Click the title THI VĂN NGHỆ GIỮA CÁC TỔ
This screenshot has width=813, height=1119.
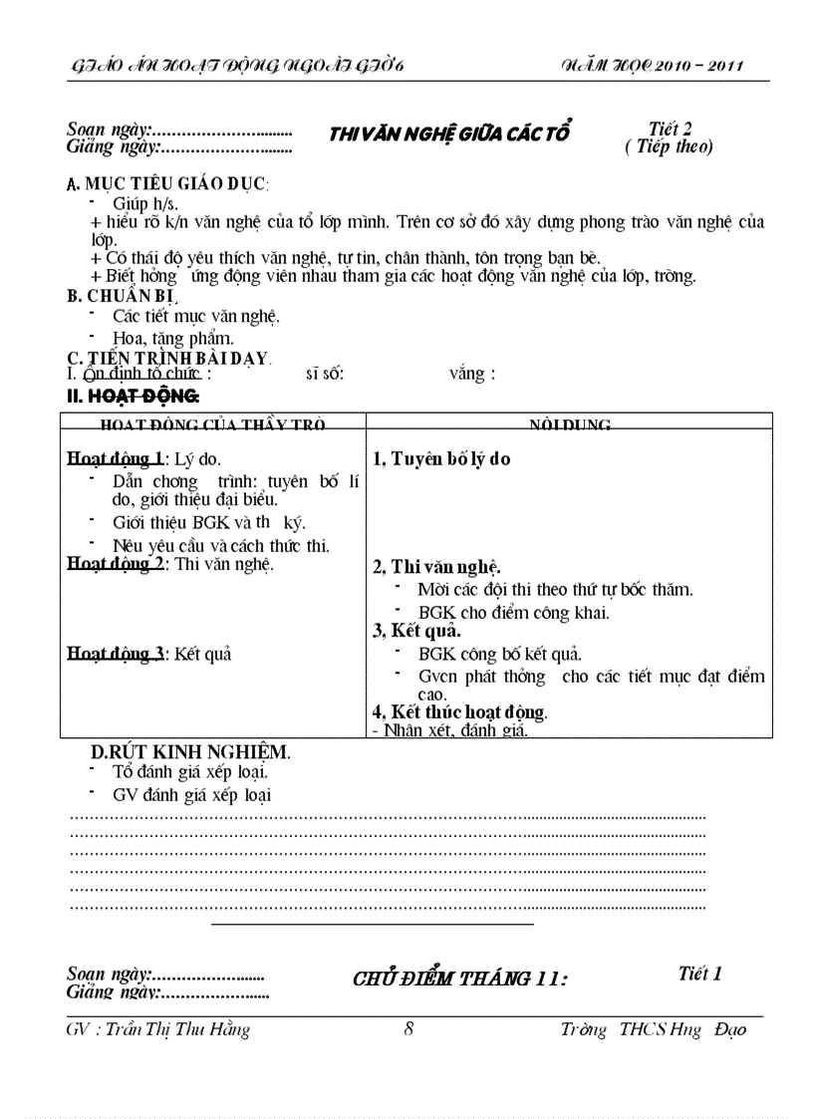[448, 135]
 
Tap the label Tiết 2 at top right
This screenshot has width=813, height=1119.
[670, 129]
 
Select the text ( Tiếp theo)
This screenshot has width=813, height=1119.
[669, 146]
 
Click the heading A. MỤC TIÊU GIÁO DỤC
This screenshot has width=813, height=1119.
[166, 184]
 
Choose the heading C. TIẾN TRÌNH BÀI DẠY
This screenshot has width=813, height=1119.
[167, 358]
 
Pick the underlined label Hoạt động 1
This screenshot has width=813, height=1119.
[116, 459]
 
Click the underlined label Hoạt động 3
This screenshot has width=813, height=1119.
[116, 654]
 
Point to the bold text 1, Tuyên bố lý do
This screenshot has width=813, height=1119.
[441, 459]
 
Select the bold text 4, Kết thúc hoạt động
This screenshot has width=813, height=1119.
[459, 711]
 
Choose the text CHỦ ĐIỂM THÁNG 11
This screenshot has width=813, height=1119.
[459, 979]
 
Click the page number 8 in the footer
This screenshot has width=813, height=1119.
[408, 1029]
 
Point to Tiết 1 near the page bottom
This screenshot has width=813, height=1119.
[699, 974]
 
